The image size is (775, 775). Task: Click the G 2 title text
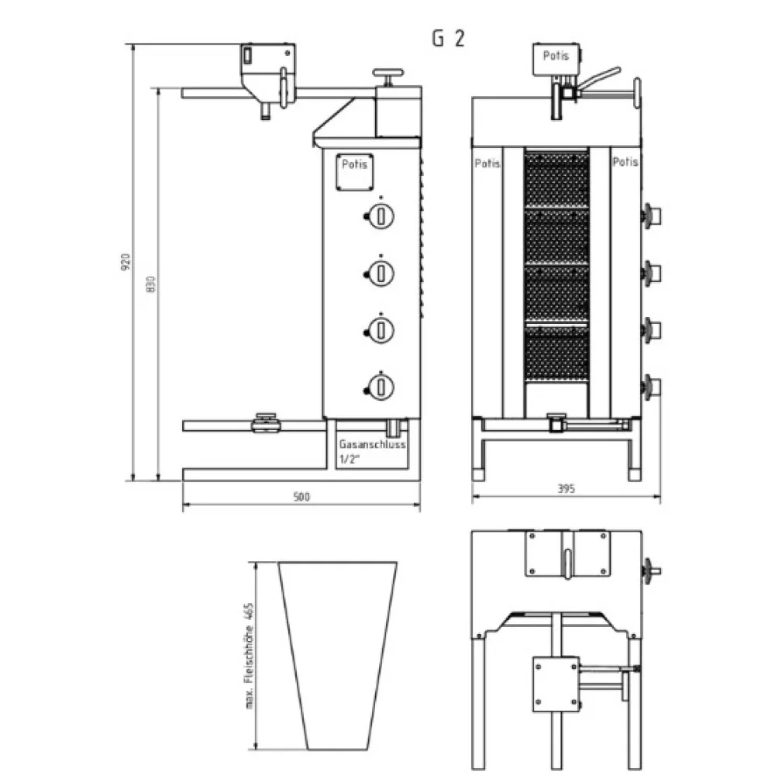[x=448, y=39]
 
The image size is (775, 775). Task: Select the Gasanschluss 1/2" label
[x=372, y=451]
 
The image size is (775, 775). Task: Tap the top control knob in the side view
[x=380, y=216]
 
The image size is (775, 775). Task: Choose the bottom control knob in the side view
[x=380, y=385]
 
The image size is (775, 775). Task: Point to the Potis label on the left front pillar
[x=487, y=164]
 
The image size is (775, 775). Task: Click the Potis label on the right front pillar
[x=625, y=162]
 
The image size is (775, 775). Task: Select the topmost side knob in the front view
[x=652, y=215]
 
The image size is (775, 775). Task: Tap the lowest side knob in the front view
[x=652, y=385]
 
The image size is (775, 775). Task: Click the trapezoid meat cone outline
[x=338, y=655]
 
